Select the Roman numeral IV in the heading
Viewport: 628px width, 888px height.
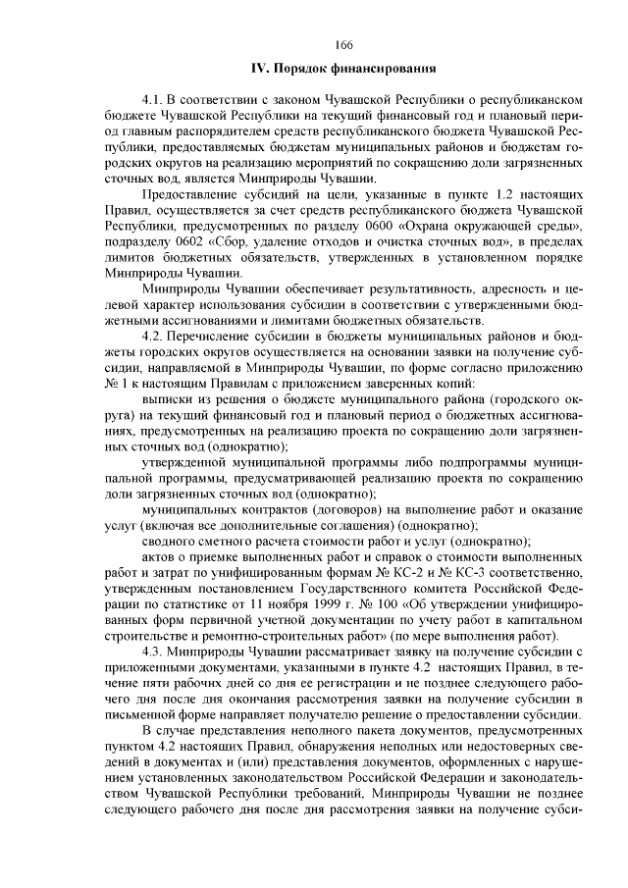pos(261,69)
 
